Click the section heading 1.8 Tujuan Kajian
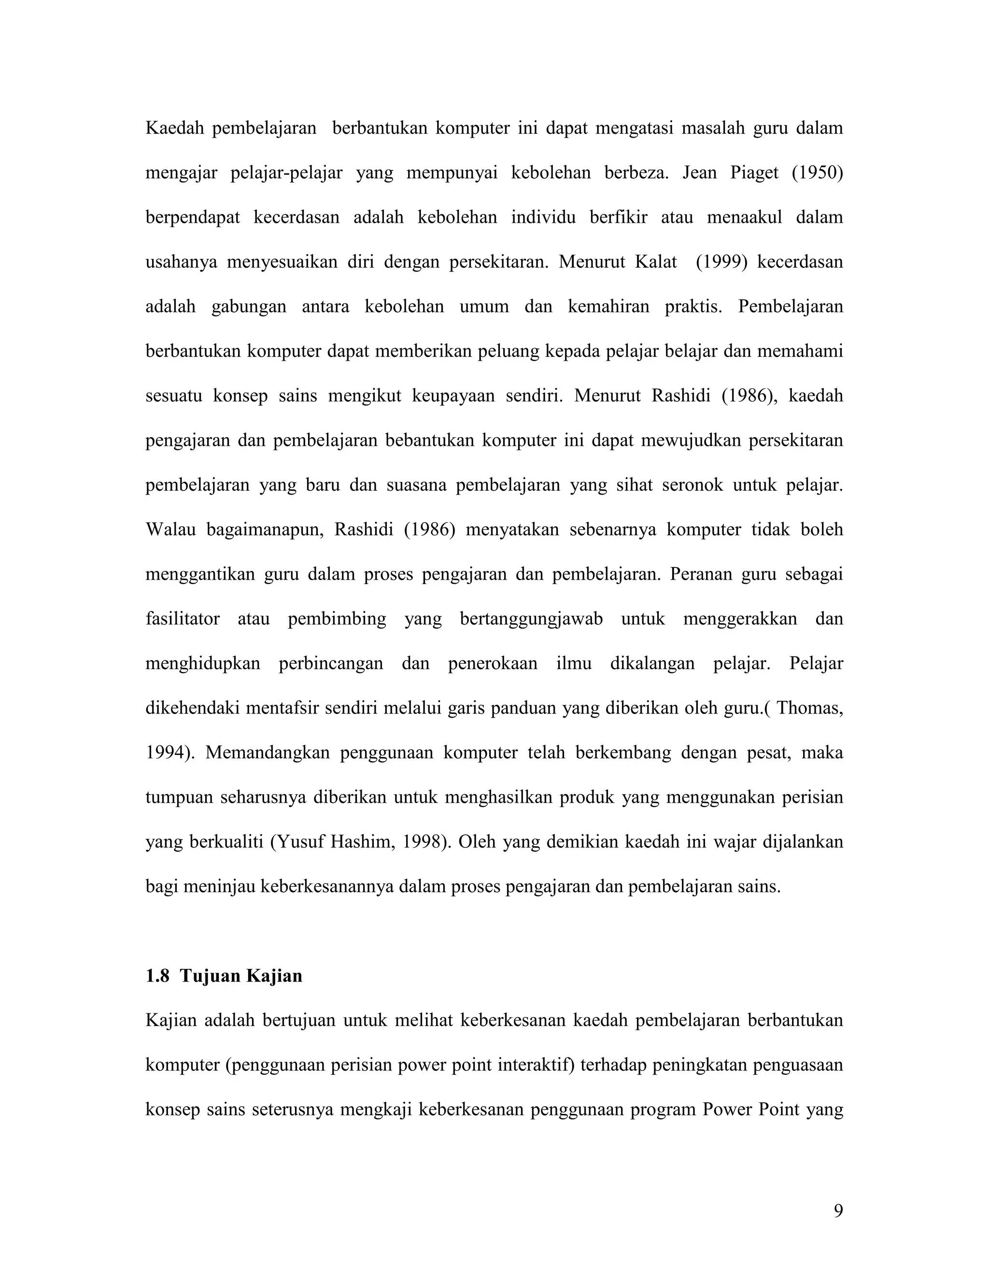[224, 976]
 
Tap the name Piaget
[754, 173]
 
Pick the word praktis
[693, 307]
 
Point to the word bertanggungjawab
[531, 619]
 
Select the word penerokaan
[492, 664]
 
